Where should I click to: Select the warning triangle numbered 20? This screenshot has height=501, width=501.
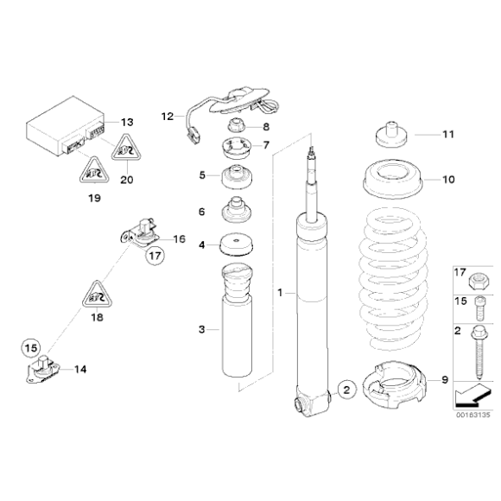click(126, 151)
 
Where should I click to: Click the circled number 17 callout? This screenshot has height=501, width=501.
click(155, 256)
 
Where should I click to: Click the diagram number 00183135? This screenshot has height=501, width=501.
click(472, 413)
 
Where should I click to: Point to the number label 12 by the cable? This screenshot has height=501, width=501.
click(168, 114)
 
